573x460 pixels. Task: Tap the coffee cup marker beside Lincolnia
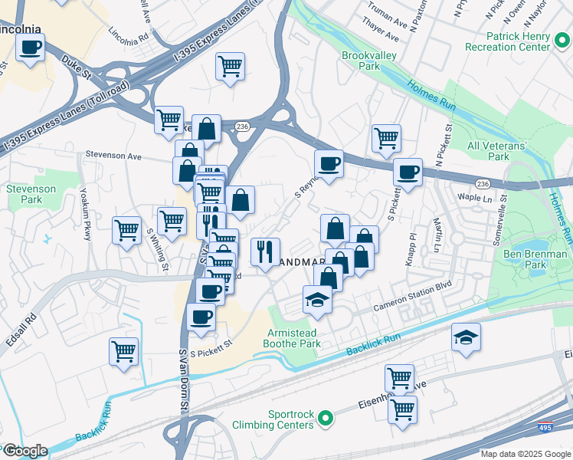(x=31, y=48)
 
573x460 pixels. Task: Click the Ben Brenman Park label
(x=535, y=259)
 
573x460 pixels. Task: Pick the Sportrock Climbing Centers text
(x=290, y=420)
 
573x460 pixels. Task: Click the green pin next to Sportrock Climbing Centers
(x=326, y=419)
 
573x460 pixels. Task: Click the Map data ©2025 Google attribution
(x=525, y=454)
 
